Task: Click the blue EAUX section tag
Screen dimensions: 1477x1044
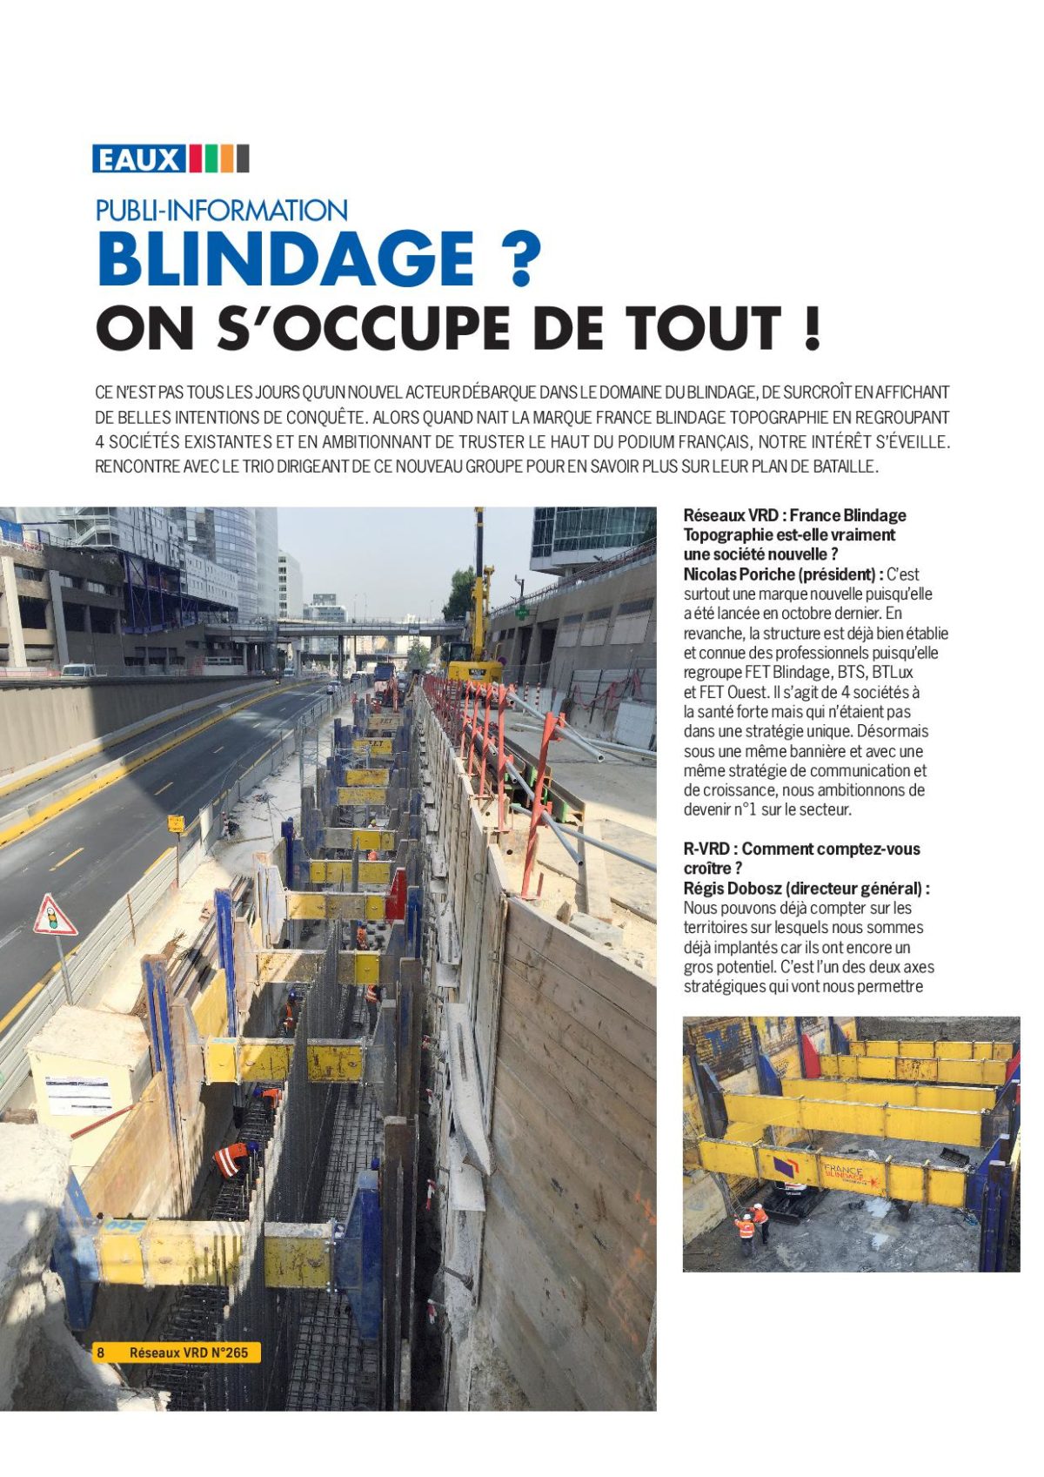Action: coord(139,159)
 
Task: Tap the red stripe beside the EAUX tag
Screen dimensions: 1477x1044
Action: coord(196,159)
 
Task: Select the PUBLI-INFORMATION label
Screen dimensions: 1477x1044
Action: coord(221,211)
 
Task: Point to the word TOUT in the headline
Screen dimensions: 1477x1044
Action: coord(702,329)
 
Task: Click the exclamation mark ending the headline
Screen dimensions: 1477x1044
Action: coord(812,329)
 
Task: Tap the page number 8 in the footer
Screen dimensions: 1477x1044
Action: coord(101,1352)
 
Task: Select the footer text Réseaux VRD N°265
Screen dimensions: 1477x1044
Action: coord(188,1352)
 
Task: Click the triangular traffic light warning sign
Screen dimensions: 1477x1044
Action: coord(54,917)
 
